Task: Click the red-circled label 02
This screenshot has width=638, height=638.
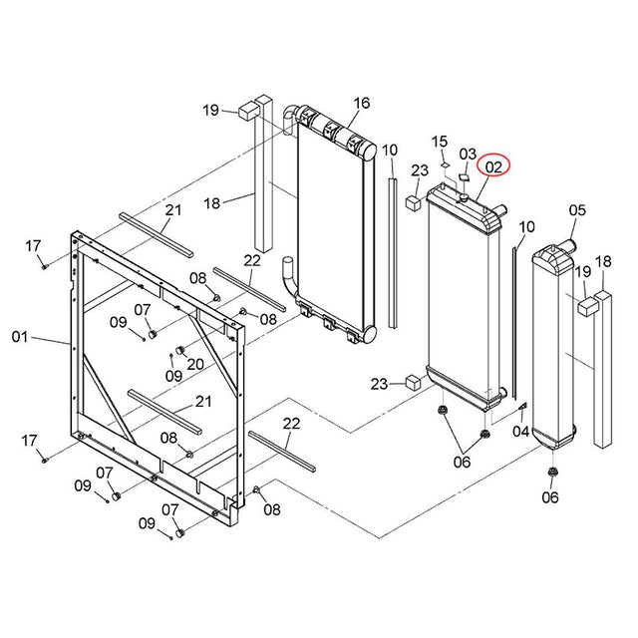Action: click(495, 166)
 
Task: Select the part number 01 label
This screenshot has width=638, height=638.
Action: click(20, 338)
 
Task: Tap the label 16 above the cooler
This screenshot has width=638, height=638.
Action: click(361, 104)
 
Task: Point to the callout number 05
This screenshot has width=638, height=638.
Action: click(577, 210)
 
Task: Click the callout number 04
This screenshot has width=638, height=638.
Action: click(520, 432)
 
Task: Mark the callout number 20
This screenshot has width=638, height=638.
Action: click(194, 364)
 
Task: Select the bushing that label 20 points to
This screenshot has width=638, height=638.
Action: click(181, 350)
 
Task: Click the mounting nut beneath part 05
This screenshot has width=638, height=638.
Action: click(551, 473)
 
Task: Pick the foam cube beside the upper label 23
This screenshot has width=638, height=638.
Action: click(411, 202)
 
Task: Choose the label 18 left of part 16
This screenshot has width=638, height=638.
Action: click(210, 203)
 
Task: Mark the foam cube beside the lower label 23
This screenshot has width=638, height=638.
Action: click(412, 382)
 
